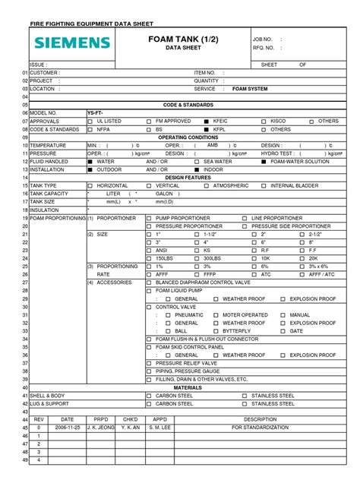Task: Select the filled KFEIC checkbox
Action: [206, 121]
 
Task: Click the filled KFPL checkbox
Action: [206, 129]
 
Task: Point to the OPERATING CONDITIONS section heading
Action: [182, 137]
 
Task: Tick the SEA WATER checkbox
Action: [197, 162]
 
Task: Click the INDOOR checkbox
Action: [197, 169]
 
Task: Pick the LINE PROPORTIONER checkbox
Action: [245, 218]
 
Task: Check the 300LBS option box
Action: [197, 259]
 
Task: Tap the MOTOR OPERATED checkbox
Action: [215, 314]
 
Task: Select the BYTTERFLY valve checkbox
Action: [215, 331]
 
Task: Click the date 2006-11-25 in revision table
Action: [67, 428]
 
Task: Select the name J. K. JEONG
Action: [100, 428]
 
